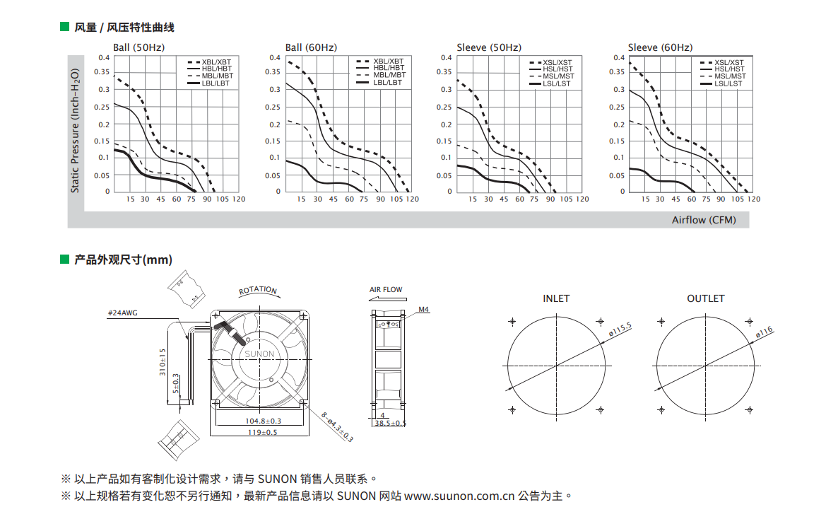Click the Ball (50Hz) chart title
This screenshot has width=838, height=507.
139,47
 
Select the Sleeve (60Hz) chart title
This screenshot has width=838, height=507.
660,47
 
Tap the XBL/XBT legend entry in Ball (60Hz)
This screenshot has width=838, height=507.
380,61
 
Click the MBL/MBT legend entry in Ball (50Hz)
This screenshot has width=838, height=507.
210,76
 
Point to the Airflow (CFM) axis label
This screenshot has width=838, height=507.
704,220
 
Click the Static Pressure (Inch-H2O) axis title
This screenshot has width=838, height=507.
75,131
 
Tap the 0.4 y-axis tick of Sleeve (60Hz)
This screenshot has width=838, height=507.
619,58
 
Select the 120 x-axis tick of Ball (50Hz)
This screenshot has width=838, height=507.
239,199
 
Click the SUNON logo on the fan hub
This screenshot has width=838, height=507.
259,354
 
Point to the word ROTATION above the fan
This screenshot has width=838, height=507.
258,290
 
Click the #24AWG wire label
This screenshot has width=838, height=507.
122,313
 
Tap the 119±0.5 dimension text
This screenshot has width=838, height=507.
262,432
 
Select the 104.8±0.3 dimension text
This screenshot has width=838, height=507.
263,421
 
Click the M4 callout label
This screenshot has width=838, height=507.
423,309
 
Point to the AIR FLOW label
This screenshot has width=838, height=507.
386,289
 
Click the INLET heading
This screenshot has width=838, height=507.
556,298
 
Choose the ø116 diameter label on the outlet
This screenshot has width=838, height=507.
765,332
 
